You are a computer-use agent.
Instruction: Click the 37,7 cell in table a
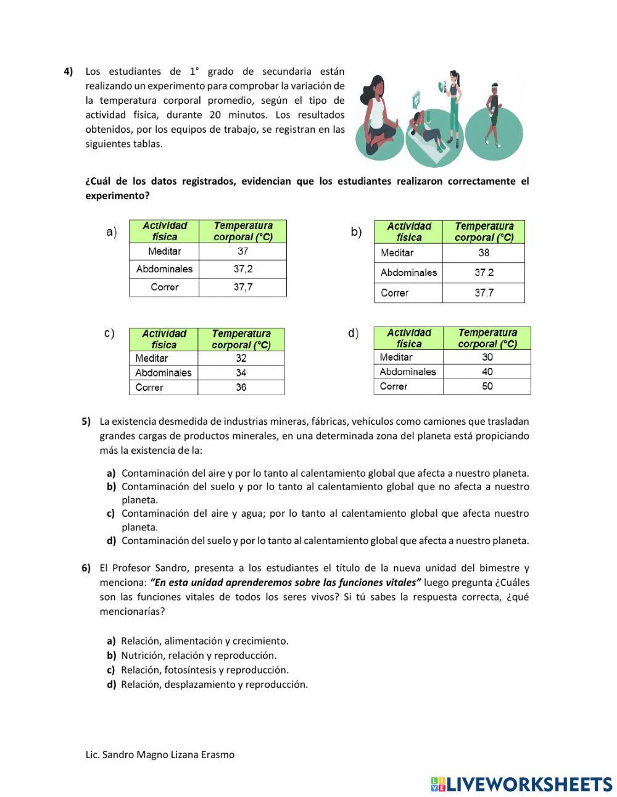coord(242,287)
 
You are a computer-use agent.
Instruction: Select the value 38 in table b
coord(484,252)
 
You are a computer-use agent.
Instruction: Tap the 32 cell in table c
coord(241,358)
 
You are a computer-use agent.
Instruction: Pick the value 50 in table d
coord(487,386)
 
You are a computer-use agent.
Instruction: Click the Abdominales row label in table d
coord(408,372)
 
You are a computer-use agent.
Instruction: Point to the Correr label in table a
coord(164,287)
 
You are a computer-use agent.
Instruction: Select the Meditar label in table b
coord(397,252)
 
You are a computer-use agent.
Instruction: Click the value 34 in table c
coord(241,373)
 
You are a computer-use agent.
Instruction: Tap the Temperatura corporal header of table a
coord(242,232)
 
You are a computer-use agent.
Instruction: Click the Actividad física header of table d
coord(408,338)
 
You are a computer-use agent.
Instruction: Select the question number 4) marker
coord(68,71)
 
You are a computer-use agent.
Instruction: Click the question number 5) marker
coord(86,422)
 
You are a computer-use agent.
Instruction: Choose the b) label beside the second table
coord(356,232)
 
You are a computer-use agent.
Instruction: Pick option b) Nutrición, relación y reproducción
coord(198,656)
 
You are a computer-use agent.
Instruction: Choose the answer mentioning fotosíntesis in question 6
coord(204,670)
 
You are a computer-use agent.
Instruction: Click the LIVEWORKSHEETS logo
coord(521,784)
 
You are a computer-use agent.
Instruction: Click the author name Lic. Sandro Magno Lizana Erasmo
coord(160,754)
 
